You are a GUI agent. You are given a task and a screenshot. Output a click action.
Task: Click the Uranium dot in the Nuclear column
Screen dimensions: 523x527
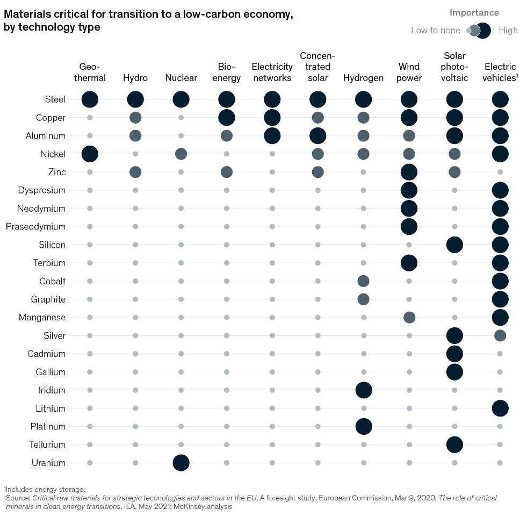[x=181, y=463]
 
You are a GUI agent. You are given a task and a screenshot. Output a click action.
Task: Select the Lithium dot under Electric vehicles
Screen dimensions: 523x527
[x=500, y=409]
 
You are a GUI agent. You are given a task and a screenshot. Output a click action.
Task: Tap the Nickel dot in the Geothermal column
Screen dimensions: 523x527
[x=90, y=154]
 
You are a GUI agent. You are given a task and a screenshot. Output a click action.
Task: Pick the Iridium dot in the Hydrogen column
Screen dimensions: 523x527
[x=364, y=390]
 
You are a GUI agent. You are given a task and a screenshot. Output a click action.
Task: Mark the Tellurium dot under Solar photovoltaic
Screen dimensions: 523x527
[x=454, y=445]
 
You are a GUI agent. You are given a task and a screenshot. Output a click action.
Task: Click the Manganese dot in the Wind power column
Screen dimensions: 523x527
[x=409, y=318]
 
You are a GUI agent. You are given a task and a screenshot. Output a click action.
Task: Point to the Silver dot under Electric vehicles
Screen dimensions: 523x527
[x=500, y=336]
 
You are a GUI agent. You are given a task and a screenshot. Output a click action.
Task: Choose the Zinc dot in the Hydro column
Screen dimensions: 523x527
[x=135, y=173]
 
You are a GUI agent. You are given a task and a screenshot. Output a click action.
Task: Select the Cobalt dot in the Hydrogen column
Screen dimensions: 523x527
[x=364, y=281]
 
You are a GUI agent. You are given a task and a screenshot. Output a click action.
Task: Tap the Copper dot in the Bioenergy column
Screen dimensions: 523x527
[x=227, y=118]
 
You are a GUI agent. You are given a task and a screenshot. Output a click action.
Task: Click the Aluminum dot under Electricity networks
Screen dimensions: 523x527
[x=272, y=136]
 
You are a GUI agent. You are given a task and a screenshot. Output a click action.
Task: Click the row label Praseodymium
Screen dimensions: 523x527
[x=35, y=227]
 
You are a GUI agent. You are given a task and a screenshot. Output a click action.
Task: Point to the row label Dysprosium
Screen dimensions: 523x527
[x=39, y=190]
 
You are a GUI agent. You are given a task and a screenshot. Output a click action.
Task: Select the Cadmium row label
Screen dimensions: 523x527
[x=47, y=354]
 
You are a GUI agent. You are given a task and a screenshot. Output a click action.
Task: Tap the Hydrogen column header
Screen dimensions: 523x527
[x=364, y=78]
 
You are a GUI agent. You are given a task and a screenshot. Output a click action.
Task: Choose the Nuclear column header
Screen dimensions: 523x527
[x=181, y=78]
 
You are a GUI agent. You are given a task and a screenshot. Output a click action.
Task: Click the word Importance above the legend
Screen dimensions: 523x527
[x=474, y=13]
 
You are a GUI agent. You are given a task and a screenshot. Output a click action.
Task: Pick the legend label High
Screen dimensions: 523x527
[x=508, y=31]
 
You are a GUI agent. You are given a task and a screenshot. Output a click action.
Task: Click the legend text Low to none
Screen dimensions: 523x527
[x=435, y=31]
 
